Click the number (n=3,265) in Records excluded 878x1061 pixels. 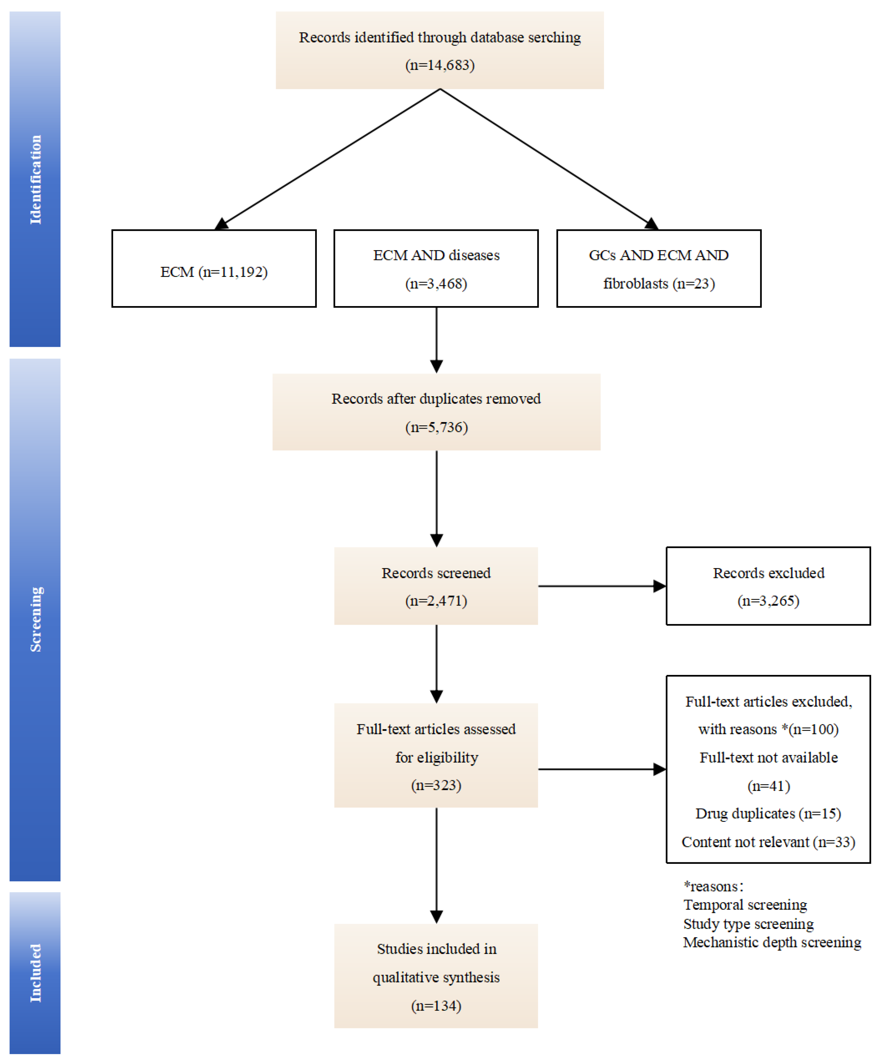[768, 601]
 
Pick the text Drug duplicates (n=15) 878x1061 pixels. [768, 814]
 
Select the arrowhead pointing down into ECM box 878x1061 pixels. [221, 224]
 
